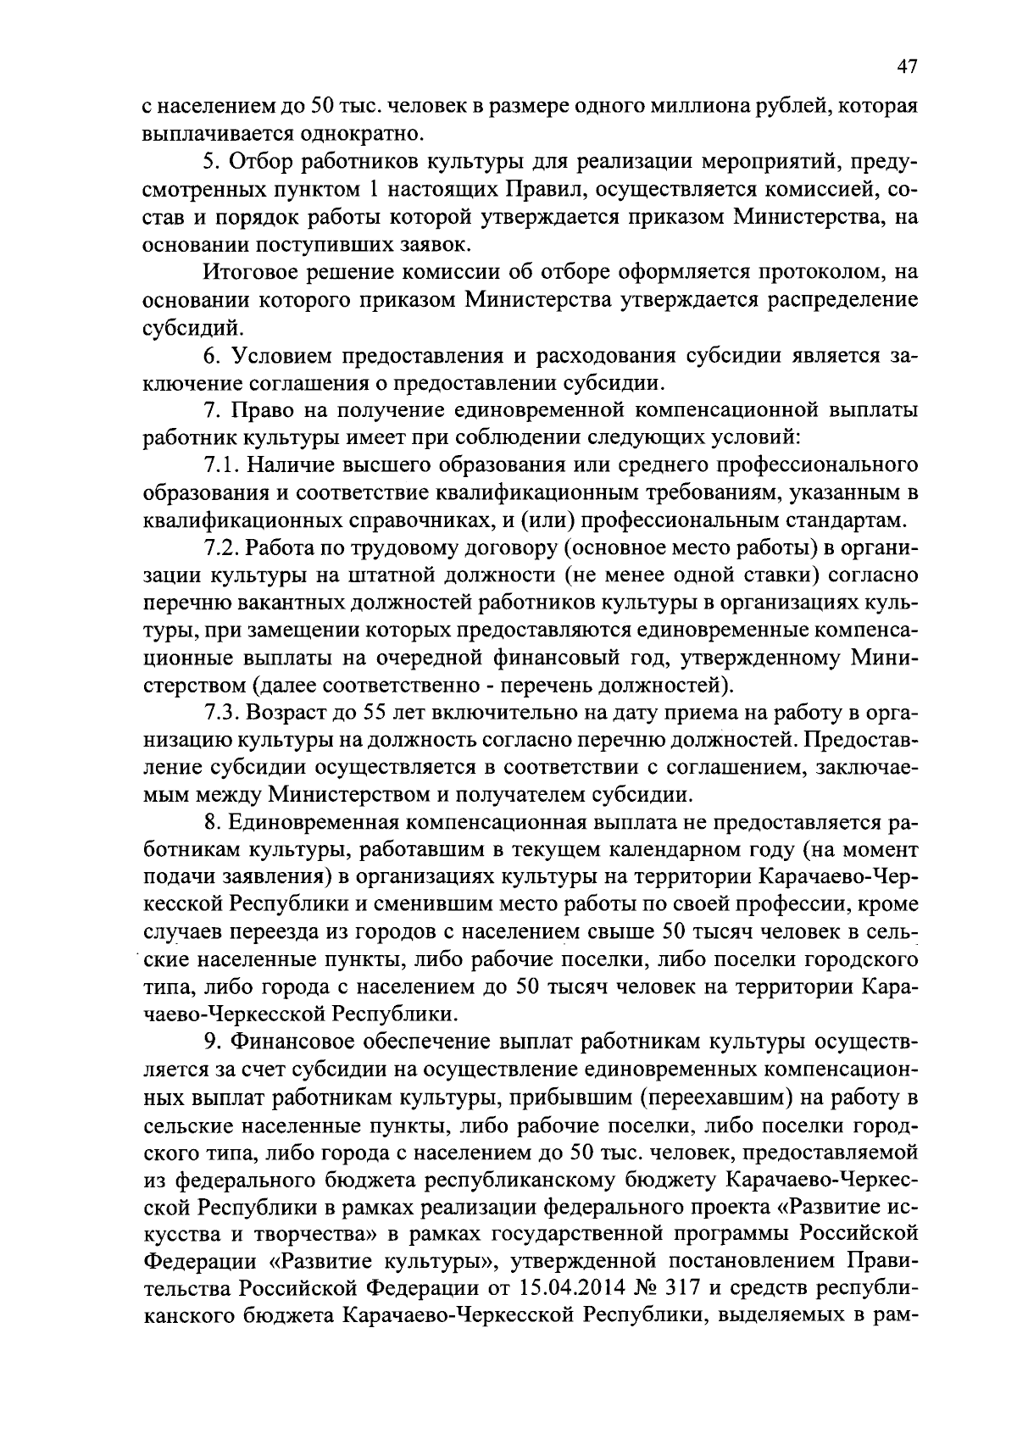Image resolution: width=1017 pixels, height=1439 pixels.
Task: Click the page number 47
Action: click(x=906, y=68)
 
